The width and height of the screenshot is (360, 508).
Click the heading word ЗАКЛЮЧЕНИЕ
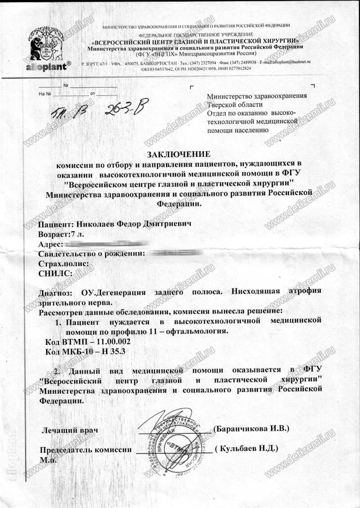(180, 154)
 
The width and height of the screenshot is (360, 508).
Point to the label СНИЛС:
(55, 273)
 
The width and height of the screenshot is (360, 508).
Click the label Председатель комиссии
(85, 450)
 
